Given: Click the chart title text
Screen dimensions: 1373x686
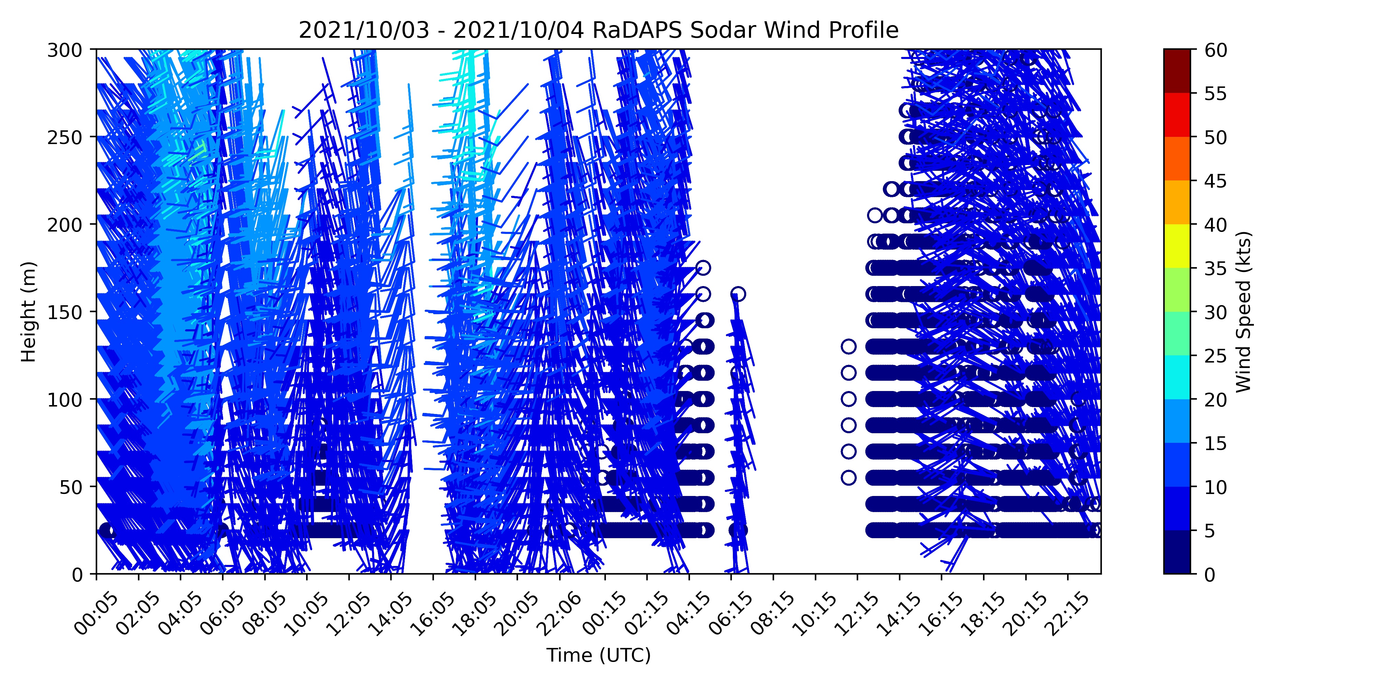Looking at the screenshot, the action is tap(599, 31).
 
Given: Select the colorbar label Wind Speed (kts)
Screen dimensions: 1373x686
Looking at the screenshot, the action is tap(1244, 311).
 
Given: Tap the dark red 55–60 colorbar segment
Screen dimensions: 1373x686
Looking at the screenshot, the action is tap(1177, 71).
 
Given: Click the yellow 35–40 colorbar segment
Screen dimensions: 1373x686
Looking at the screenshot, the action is tap(1177, 246).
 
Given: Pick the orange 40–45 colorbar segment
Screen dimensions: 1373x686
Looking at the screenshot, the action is tap(1177, 202).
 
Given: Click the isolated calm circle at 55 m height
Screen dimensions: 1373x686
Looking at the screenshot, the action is tap(849, 477).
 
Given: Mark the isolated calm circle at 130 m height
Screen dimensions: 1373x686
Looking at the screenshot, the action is tap(849, 346).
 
